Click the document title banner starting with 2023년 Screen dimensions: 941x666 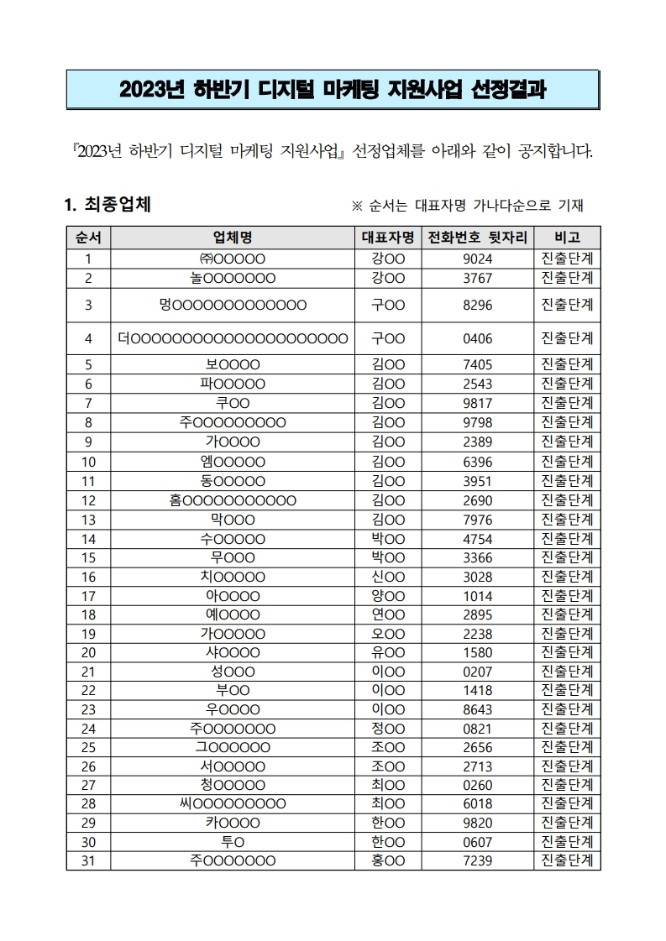point(333,90)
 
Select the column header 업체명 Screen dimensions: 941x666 point(233,237)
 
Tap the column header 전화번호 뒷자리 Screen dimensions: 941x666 point(477,237)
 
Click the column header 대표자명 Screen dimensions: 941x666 point(387,237)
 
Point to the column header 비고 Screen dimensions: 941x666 point(567,237)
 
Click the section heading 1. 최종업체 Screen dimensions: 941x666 point(108,204)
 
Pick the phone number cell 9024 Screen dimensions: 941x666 point(477,259)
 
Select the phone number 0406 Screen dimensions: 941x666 point(477,338)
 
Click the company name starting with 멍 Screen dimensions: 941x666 point(233,304)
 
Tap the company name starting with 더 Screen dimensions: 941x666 point(233,338)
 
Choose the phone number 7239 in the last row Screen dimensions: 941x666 point(477,860)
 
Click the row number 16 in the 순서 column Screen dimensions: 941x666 point(88,577)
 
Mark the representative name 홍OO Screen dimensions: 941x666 point(387,860)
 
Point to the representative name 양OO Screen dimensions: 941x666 point(387,596)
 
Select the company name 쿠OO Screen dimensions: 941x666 point(233,402)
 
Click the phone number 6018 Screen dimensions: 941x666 point(477,803)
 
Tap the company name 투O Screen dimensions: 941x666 point(233,841)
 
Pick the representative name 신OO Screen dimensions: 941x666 point(387,577)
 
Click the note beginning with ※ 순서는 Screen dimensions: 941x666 point(467,206)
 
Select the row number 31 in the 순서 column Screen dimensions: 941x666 point(88,860)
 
